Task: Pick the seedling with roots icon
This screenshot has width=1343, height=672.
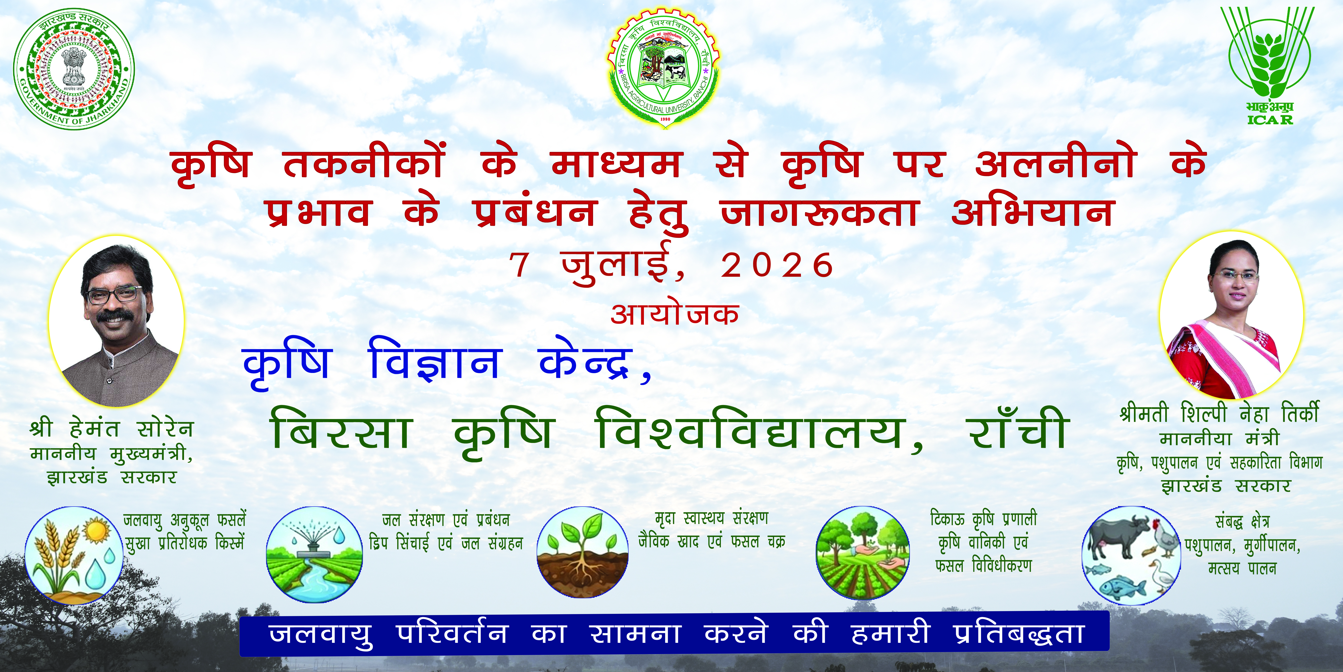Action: pos(582,553)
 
